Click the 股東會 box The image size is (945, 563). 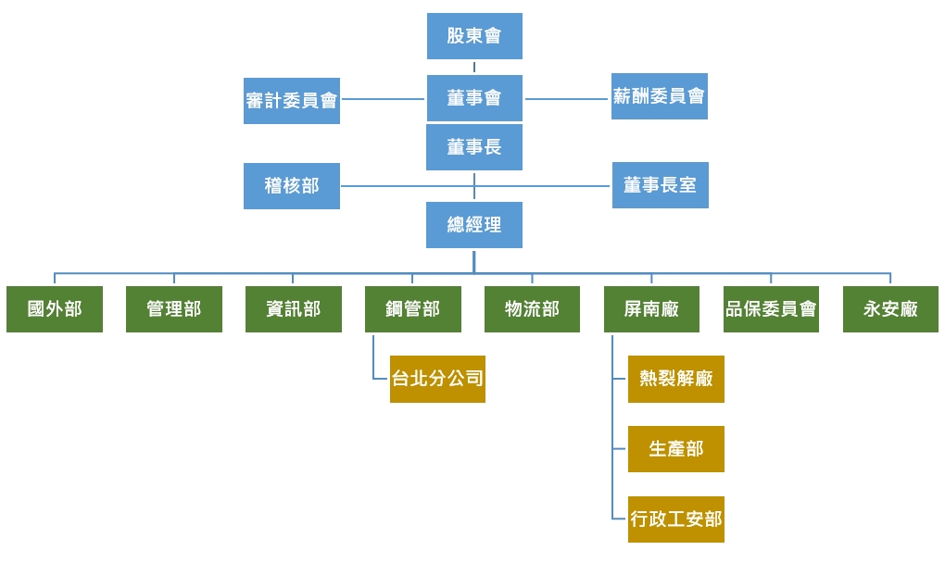(474, 36)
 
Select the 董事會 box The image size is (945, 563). (474, 98)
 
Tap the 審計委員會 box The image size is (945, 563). (292, 101)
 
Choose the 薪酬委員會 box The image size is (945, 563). (660, 96)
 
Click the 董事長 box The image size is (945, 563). (474, 147)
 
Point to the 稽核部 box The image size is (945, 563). (292, 186)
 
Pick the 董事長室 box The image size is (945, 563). (660, 186)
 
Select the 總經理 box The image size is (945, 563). (474, 225)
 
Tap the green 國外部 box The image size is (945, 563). (55, 309)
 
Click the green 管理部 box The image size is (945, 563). (174, 309)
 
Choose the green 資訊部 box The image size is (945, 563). (294, 309)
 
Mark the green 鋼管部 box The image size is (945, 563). (413, 309)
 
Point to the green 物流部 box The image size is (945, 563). (533, 309)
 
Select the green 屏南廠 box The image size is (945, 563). (652, 309)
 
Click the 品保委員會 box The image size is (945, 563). (771, 309)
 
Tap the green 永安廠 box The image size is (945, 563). (890, 309)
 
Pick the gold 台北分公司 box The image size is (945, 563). (437, 379)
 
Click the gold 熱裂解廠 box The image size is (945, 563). (676, 379)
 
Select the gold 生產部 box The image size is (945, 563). (676, 449)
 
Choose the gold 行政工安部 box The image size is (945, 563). (676, 519)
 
